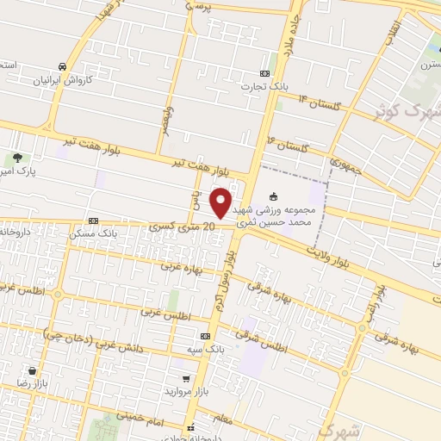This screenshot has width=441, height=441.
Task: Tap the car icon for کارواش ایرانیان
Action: (63, 66)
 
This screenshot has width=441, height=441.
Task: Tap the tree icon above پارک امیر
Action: (16, 158)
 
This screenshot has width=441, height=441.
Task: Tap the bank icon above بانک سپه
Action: (205, 336)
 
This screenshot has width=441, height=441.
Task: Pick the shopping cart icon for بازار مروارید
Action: (185, 378)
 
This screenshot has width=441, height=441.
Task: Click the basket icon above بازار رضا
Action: (32, 370)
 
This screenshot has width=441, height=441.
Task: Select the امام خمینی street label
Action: (146, 416)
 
